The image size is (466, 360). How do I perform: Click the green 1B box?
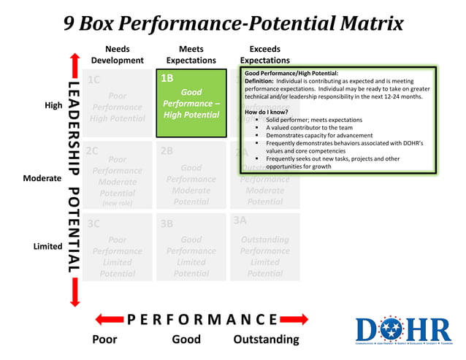[x=191, y=103]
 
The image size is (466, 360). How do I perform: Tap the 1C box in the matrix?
[x=118, y=103]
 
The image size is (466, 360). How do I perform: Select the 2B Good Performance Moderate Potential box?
[x=191, y=175]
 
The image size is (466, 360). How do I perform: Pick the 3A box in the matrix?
[x=264, y=247]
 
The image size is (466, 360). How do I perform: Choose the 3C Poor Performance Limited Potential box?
[x=118, y=247]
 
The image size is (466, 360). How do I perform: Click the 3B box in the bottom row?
[x=191, y=247]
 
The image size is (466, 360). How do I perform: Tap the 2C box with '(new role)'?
[x=118, y=175]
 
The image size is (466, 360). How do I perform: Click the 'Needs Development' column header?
[x=118, y=54]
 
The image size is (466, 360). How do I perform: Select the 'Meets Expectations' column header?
[x=191, y=54]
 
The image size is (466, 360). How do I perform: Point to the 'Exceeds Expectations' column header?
[x=264, y=54]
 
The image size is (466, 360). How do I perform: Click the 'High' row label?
[x=53, y=105]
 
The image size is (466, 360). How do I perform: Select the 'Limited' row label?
[x=47, y=247]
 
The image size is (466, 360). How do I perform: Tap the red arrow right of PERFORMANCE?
[x=294, y=320]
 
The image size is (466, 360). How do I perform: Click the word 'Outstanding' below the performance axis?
[x=266, y=340]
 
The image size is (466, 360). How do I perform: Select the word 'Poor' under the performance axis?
[x=104, y=340]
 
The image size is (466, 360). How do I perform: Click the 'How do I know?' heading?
[x=267, y=112]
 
